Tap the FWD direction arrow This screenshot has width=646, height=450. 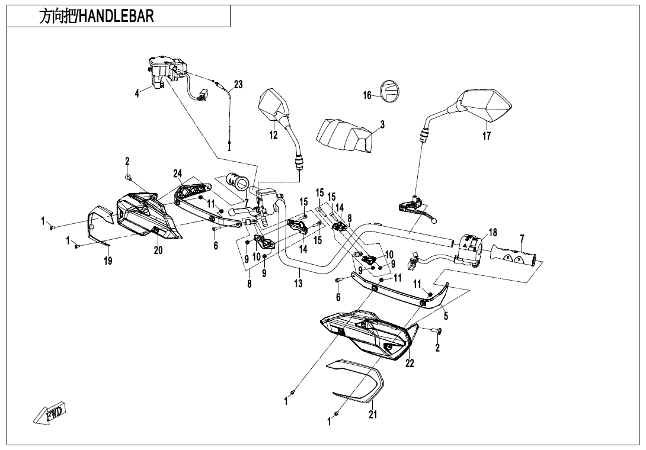click(50, 413)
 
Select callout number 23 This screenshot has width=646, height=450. click(238, 85)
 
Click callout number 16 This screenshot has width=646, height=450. click(367, 95)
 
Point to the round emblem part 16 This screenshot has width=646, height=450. click(390, 91)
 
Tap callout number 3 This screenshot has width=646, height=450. click(382, 125)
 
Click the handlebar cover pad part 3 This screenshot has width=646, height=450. click(344, 133)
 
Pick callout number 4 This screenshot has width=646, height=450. click(137, 93)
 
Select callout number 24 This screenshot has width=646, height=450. click(177, 173)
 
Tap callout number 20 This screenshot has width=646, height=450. click(158, 250)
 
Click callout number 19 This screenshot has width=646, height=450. click(108, 261)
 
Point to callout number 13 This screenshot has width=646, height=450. click(298, 284)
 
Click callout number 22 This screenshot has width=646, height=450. click(410, 364)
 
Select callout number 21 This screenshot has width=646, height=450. click(373, 414)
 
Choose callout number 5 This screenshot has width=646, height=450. click(446, 316)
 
